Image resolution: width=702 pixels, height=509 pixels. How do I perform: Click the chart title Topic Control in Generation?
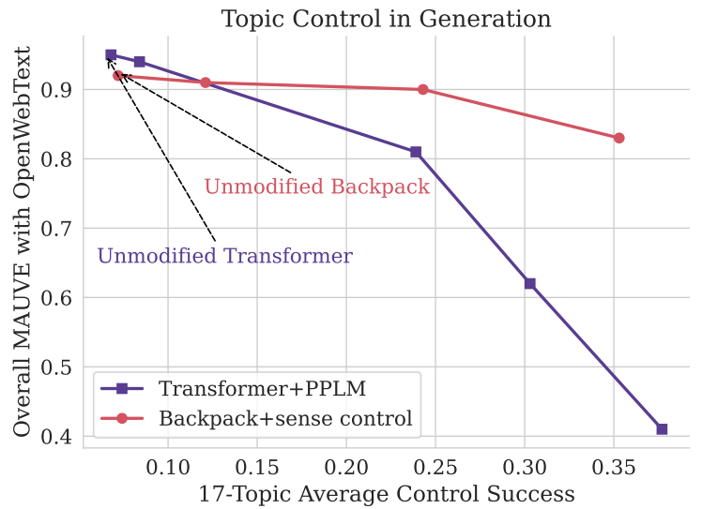click(x=386, y=18)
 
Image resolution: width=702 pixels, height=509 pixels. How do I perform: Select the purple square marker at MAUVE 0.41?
click(x=662, y=428)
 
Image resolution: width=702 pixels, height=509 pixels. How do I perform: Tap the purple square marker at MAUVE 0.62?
click(x=529, y=283)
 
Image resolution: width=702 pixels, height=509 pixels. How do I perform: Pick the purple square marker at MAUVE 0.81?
click(x=416, y=152)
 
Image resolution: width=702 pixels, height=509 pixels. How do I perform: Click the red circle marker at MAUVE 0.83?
click(x=619, y=138)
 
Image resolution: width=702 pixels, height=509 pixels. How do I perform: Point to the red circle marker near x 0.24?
click(x=422, y=90)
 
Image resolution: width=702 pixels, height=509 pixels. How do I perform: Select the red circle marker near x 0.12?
click(x=206, y=82)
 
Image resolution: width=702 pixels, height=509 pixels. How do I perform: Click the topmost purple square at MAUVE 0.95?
click(x=111, y=55)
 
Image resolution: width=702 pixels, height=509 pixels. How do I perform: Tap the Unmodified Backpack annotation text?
click(x=316, y=187)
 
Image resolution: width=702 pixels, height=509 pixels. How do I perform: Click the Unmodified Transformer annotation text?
click(x=225, y=256)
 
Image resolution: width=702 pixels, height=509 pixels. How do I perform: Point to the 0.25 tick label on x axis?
click(x=435, y=465)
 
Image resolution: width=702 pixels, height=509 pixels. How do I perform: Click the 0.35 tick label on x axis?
click(x=614, y=465)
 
